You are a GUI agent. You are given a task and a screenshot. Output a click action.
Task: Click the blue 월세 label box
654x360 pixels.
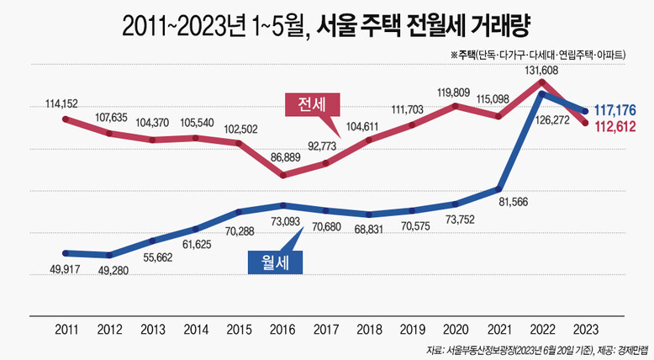coord(276,262)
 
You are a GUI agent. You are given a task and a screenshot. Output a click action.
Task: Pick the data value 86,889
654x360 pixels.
coord(282,157)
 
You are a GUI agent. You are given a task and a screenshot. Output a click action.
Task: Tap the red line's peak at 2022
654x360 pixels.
coord(543,82)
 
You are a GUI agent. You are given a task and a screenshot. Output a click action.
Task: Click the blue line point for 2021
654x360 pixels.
coord(499,188)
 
